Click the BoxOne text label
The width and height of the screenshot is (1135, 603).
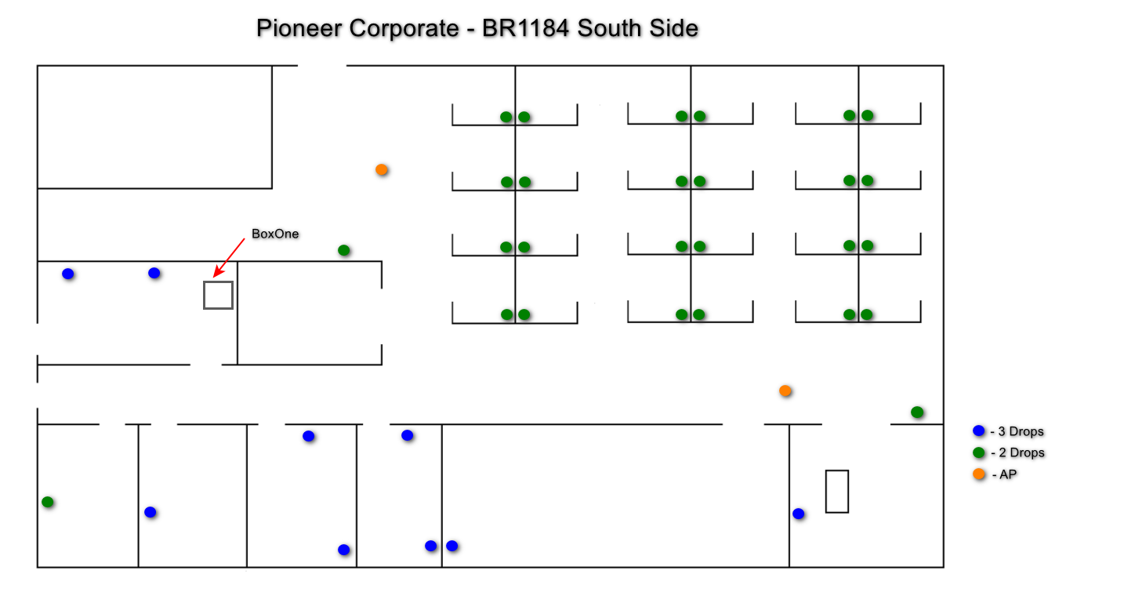(x=275, y=234)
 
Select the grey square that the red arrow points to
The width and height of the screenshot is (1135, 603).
(x=219, y=282)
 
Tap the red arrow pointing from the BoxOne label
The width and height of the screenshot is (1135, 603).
(x=229, y=258)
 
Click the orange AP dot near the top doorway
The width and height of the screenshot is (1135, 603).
(x=382, y=169)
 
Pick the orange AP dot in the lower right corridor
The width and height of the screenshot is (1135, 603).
(x=785, y=390)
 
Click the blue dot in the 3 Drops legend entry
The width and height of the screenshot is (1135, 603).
(x=978, y=430)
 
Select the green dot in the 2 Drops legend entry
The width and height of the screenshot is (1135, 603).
(x=978, y=452)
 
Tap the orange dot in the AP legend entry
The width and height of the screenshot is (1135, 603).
(x=978, y=474)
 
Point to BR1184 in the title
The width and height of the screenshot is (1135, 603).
(x=525, y=28)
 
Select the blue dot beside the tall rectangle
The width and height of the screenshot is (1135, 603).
(x=798, y=514)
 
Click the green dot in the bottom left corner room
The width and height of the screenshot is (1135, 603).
(x=48, y=502)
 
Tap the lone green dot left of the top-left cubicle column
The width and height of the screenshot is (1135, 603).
(x=343, y=250)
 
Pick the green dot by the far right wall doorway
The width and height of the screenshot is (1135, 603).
(x=916, y=412)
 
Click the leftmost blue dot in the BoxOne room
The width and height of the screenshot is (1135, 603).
(x=68, y=274)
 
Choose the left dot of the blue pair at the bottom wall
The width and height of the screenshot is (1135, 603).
(x=430, y=546)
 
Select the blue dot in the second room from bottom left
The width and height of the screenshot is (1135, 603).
(x=150, y=512)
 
